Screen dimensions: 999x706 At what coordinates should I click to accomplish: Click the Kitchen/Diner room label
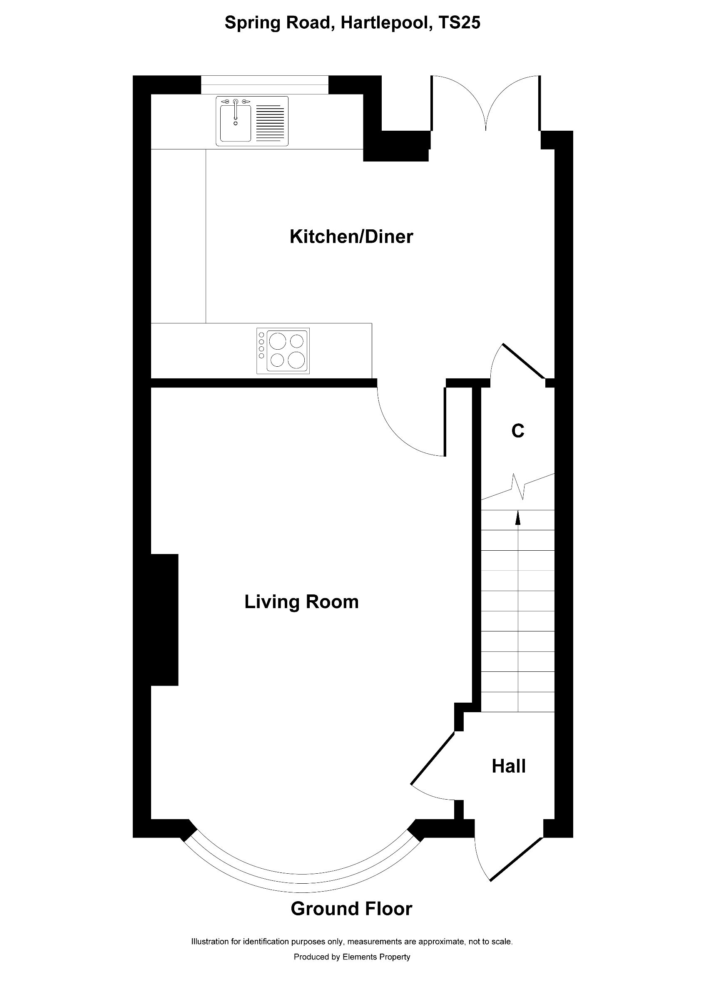pyautogui.click(x=351, y=237)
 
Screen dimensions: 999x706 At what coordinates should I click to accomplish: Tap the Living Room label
pyautogui.click(x=301, y=602)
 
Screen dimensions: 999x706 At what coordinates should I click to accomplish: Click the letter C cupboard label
pyautogui.click(x=518, y=431)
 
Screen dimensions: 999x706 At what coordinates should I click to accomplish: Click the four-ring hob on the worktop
pyautogui.click(x=283, y=351)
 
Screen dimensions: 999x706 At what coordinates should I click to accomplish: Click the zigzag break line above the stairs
pyautogui.click(x=518, y=487)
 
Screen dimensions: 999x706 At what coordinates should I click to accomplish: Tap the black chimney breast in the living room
pyautogui.click(x=164, y=620)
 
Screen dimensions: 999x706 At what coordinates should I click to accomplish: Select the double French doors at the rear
pyautogui.click(x=485, y=104)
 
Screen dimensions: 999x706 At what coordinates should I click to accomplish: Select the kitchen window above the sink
pyautogui.click(x=264, y=84)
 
